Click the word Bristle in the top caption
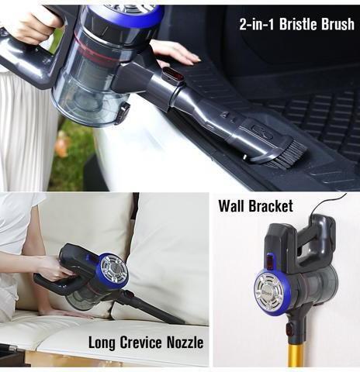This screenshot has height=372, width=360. coord(298,24)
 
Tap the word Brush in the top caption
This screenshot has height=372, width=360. coord(337,24)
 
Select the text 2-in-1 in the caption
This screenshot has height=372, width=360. coord(257,24)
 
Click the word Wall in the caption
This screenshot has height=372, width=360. coord(231,206)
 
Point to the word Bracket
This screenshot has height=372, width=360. coord(271,206)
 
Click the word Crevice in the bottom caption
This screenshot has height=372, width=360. coord(140,343)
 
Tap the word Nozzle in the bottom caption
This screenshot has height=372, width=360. coord(185,343)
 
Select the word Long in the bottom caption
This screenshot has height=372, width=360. coord(102,343)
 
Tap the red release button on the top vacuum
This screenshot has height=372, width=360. coord(173,74)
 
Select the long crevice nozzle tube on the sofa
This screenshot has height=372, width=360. coord(153,308)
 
